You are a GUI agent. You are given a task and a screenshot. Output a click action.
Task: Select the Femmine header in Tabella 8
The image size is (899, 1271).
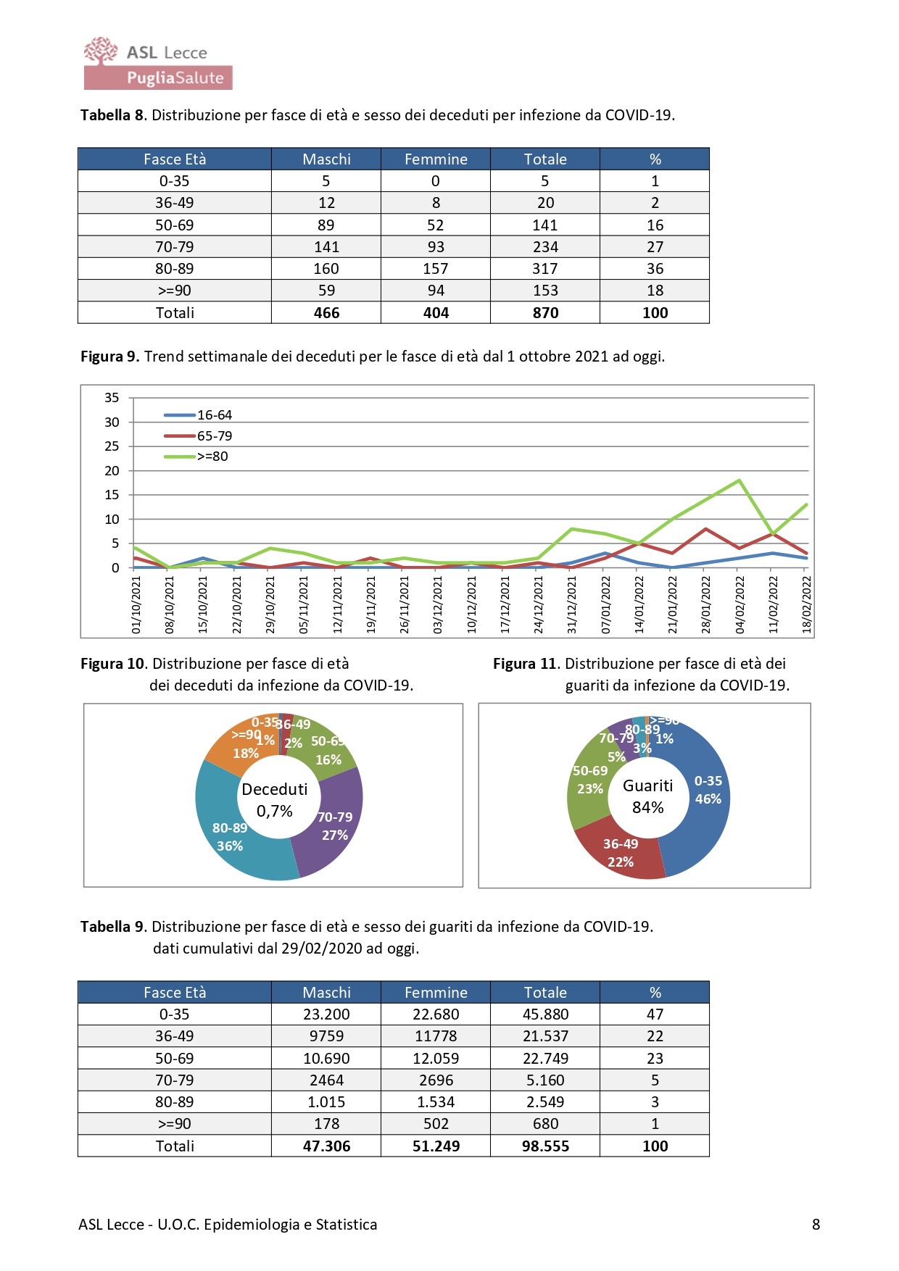click(x=436, y=159)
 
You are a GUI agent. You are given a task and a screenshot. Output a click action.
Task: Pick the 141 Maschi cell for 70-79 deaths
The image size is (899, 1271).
click(x=326, y=247)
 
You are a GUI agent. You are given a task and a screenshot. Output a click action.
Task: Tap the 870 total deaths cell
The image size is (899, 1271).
click(x=545, y=313)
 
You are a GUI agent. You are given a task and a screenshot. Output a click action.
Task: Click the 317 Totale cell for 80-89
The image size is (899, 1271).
click(x=545, y=269)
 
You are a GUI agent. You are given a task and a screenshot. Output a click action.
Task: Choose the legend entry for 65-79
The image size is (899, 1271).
click(x=198, y=436)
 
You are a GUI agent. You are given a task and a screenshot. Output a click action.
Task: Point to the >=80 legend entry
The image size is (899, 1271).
click(x=196, y=457)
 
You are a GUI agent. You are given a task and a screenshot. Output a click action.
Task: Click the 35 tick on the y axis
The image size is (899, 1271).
click(x=112, y=397)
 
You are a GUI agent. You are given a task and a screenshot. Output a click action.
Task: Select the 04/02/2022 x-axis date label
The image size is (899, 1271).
click(x=739, y=604)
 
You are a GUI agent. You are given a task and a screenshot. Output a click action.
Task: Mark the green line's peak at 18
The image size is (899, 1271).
click(x=739, y=480)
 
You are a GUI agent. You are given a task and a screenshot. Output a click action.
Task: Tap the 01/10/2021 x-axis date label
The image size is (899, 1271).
click(x=136, y=604)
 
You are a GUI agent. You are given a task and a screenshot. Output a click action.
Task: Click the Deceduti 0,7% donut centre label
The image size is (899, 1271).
click(x=275, y=800)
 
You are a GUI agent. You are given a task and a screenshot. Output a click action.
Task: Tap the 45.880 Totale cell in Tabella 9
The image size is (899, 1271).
click(x=545, y=1014)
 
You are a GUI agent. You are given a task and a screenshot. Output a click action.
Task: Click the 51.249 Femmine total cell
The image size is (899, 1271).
click(x=436, y=1146)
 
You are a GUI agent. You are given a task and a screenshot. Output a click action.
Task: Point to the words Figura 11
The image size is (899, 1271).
click(x=525, y=664)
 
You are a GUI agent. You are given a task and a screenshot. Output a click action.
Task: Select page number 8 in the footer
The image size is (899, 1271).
click(x=816, y=1225)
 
